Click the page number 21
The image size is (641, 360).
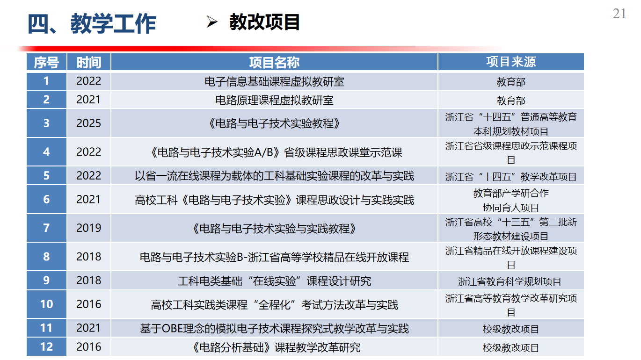point(619,14)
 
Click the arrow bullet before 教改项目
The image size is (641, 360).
point(212,22)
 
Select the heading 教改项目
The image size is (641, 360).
point(264,22)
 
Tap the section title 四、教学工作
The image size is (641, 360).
point(92,23)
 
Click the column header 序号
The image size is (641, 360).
point(46,62)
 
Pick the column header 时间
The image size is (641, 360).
point(89,62)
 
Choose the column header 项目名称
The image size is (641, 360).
point(274,62)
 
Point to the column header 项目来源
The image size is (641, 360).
point(511,62)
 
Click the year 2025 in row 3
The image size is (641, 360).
point(89,123)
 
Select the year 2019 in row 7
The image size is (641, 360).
point(89,228)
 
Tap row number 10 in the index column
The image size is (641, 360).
point(46,304)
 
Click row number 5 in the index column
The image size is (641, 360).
point(46,176)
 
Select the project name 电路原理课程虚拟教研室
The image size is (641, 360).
point(274,101)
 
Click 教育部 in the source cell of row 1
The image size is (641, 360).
point(511,82)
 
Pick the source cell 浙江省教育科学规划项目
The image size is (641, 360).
point(510,281)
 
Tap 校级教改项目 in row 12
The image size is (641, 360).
point(511,348)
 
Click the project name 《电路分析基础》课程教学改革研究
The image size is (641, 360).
point(277,347)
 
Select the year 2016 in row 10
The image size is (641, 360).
point(89,304)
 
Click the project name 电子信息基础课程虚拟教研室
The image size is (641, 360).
point(274,82)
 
